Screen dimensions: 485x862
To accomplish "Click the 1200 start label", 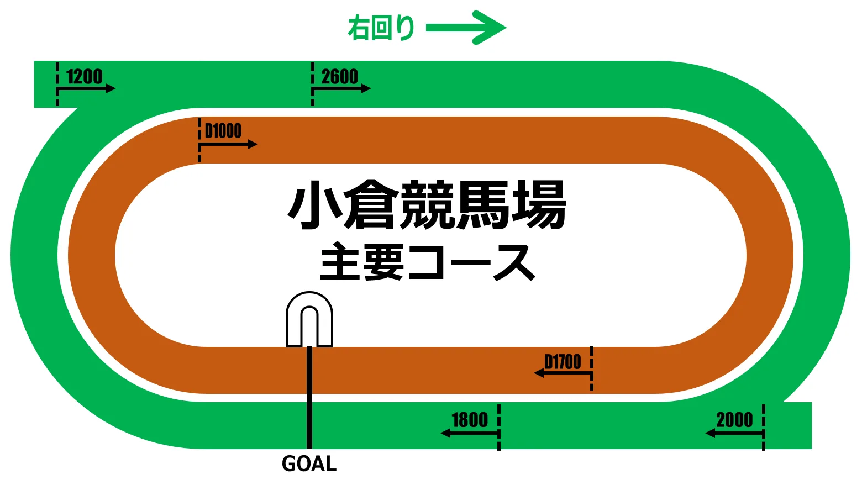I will pyautogui.click(x=85, y=76).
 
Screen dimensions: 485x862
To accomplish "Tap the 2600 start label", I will pyautogui.click(x=340, y=76).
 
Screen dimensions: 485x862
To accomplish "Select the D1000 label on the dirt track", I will pyautogui.click(x=223, y=131).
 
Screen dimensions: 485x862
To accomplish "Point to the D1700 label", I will pyautogui.click(x=563, y=362).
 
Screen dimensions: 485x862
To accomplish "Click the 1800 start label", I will pyautogui.click(x=470, y=420).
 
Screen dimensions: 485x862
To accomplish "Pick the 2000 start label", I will pyautogui.click(x=734, y=420).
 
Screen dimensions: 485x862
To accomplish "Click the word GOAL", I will pyautogui.click(x=309, y=463).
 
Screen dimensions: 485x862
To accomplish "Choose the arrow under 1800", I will pyautogui.click(x=469, y=434).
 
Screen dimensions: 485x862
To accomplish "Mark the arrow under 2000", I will pyautogui.click(x=734, y=434).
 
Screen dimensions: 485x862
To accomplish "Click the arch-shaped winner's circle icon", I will pyautogui.click(x=309, y=319).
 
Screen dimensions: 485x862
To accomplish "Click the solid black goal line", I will pyautogui.click(x=309, y=398).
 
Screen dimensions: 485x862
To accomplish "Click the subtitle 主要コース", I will pyautogui.click(x=427, y=263).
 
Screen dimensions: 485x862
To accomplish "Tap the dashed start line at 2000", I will pyautogui.click(x=764, y=427).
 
